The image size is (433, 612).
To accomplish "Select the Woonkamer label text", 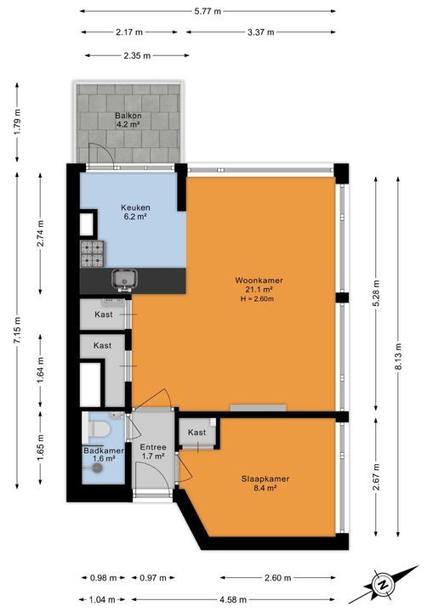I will [260, 280].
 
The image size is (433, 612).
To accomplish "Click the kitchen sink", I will [123, 279].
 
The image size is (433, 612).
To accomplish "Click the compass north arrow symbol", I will [383, 585].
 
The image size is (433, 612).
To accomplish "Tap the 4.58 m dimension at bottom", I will [233, 599].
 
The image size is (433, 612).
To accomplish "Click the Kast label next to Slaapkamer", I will [197, 433].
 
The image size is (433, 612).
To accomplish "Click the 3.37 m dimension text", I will [259, 32].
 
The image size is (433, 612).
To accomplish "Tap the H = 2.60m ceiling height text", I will [260, 299].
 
